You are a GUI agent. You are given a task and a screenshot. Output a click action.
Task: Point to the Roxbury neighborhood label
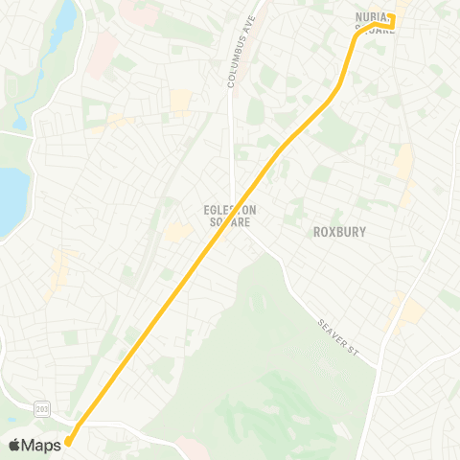point(340,232)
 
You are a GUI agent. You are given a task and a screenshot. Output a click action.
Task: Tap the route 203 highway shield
point(41,408)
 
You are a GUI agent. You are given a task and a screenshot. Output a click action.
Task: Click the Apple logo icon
point(14,444)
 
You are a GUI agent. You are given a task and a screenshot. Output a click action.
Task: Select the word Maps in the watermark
point(41,444)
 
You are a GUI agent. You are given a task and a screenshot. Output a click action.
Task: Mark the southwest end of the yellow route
point(68,442)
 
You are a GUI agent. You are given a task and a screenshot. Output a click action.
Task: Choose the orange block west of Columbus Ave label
point(180,101)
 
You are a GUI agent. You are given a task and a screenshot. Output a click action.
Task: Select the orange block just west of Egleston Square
point(177,231)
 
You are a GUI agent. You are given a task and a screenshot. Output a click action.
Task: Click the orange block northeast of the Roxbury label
point(405,163)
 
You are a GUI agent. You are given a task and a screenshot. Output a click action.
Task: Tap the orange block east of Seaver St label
point(407,309)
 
